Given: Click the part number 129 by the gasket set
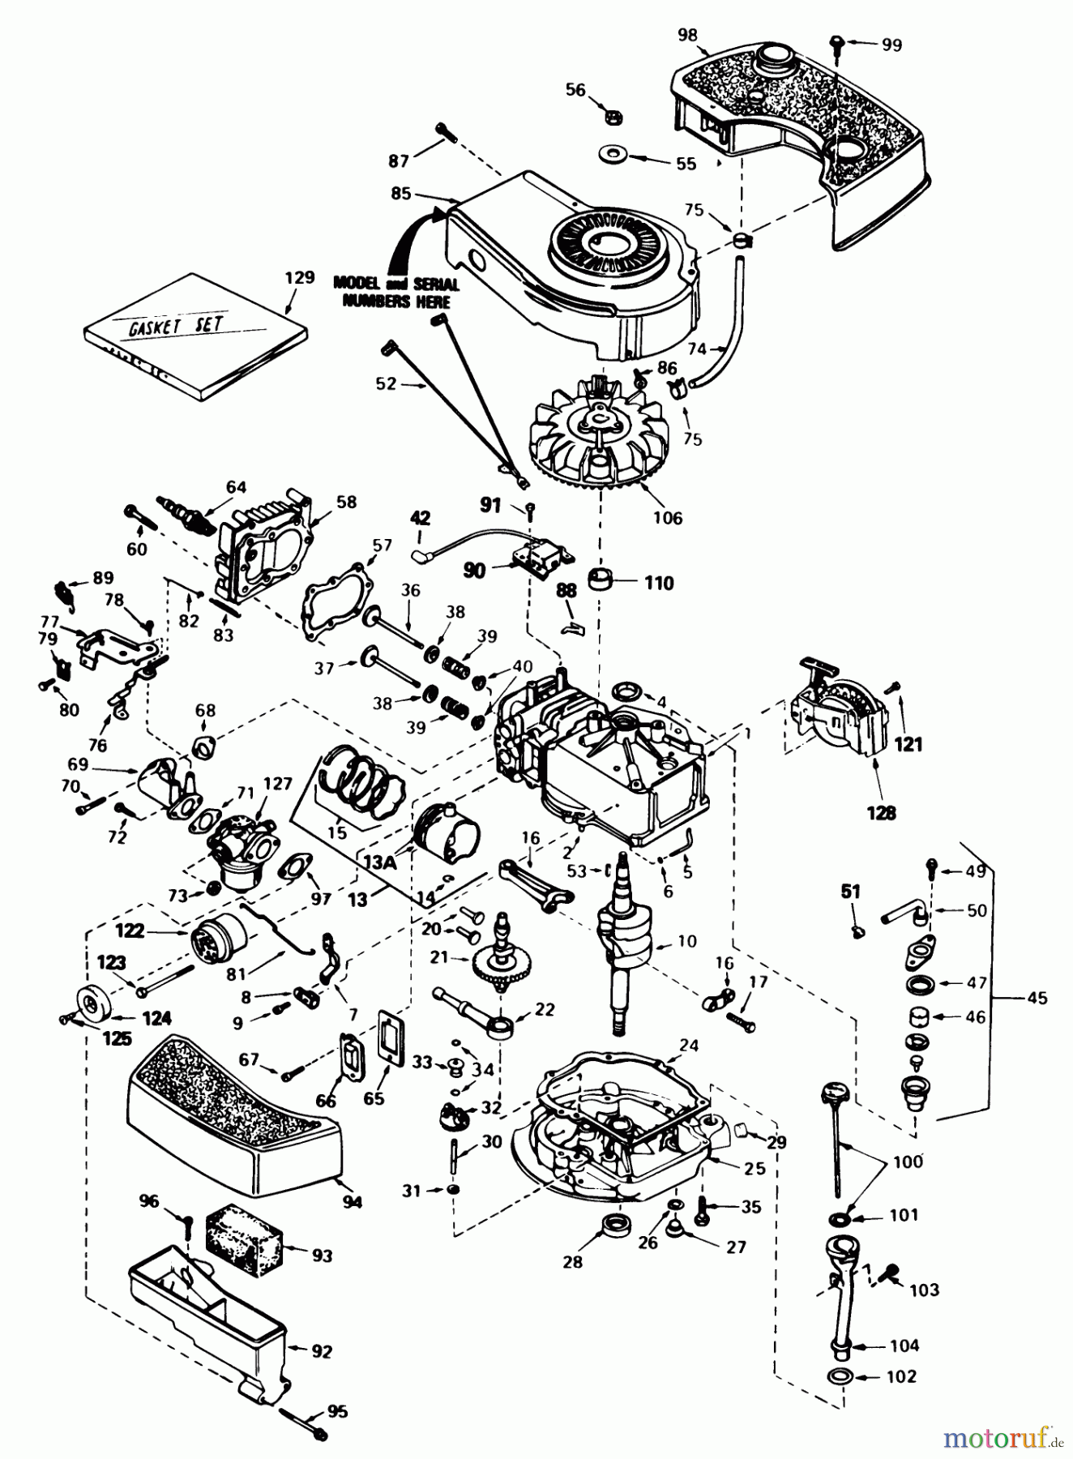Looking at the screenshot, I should coord(299,278).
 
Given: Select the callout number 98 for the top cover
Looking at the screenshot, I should coord(686,34).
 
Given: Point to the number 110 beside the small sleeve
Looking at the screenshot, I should coord(659,583).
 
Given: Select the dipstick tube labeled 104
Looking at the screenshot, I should coord(844,1297).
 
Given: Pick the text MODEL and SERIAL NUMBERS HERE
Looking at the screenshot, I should coord(396,292).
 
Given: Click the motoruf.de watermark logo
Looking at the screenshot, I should coord(1004,1437).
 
